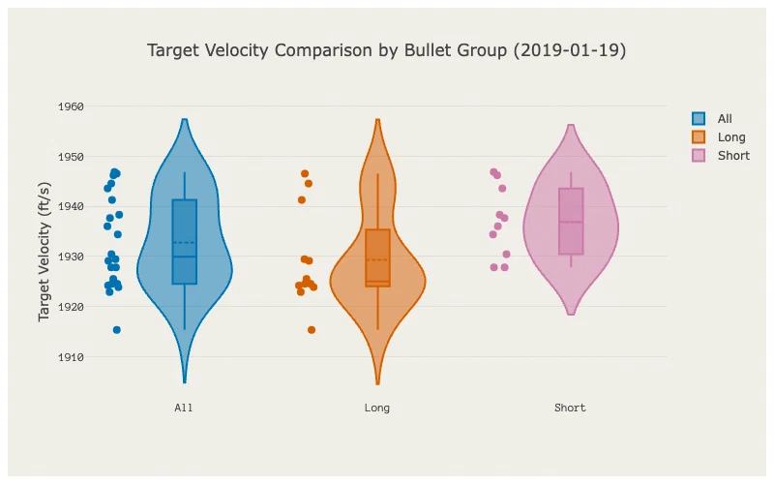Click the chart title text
coord(386,50)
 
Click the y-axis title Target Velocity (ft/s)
coord(44,252)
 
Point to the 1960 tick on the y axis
coord(71,106)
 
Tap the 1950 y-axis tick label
coord(71,157)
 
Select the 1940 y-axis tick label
coord(71,206)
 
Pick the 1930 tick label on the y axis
coord(71,257)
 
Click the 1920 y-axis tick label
coord(71,307)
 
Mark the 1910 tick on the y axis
coord(71,357)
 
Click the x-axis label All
coord(184,408)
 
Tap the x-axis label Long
coord(377,408)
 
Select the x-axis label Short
coord(570,408)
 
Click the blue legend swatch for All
coord(699,118)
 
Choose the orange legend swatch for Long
coord(699,137)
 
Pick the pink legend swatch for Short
coord(699,156)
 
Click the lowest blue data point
coord(116,330)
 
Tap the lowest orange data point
coord(312,330)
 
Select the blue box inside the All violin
coord(185,242)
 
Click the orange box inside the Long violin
coord(378,257)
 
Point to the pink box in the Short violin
coord(571,222)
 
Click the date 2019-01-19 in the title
coord(570,50)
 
